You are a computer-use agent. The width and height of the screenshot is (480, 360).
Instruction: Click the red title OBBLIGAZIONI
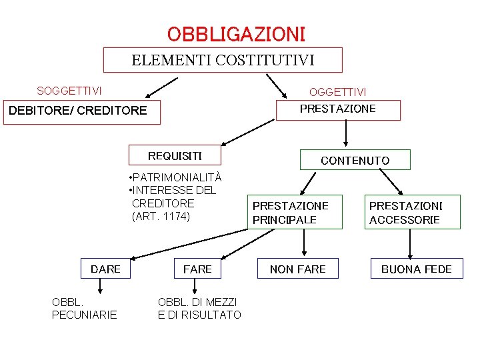[236, 33]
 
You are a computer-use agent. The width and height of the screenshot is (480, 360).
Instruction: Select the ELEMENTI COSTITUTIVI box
[223, 60]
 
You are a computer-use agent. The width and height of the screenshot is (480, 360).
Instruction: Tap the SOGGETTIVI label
[69, 91]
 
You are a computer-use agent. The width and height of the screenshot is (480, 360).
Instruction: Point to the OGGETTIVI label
[337, 92]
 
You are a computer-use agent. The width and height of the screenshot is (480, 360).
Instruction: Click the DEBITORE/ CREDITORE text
[77, 110]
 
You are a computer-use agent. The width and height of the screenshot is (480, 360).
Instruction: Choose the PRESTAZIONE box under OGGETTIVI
[338, 109]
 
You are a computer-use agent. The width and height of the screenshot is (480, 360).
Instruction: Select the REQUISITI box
[175, 156]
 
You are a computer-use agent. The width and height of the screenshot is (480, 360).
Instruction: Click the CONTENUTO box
[355, 160]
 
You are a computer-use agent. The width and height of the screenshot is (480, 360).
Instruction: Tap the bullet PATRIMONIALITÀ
[174, 177]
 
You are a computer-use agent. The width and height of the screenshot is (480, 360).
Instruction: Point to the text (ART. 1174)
[161, 217]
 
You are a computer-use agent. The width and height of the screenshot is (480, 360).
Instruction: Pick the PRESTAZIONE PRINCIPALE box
[291, 213]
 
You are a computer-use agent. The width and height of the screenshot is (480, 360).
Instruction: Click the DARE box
[105, 269]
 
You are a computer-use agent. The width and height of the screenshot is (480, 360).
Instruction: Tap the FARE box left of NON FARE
[197, 269]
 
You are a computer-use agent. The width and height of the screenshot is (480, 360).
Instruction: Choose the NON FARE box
[298, 269]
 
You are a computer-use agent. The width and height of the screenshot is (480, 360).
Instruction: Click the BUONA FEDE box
[416, 269]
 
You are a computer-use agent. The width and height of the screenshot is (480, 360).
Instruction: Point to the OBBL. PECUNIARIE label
[84, 308]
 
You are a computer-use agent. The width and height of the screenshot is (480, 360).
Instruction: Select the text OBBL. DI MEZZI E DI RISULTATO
[199, 308]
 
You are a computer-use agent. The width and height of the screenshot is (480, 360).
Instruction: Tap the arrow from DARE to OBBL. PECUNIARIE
[101, 287]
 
